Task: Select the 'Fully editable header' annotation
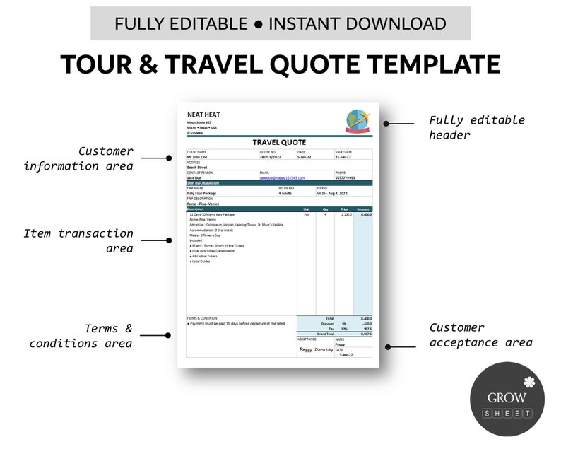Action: (477, 127)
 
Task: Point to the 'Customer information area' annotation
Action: (78, 158)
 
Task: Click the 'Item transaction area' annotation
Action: (78, 240)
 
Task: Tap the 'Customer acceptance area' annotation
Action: (480, 335)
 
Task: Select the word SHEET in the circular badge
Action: (507, 412)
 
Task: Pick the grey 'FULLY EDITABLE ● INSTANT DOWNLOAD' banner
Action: (280, 23)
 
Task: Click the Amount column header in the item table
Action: (363, 209)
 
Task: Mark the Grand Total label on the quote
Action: (325, 333)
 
